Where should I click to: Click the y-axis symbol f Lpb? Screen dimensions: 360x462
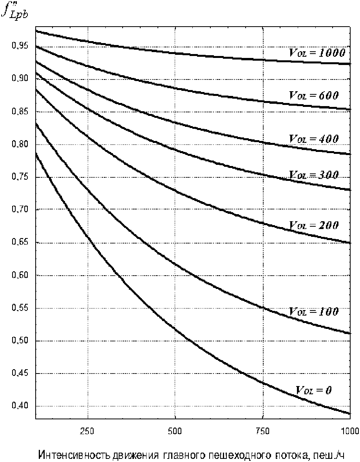(x=15, y=10)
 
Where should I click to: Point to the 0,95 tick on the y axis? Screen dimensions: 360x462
(x=20, y=46)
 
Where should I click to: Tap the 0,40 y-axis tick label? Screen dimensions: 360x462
(x=20, y=406)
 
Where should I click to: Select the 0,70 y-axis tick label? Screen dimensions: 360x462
(x=20, y=209)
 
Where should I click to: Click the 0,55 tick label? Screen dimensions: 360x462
(x=20, y=308)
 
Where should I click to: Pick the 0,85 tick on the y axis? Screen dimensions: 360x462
(x=20, y=111)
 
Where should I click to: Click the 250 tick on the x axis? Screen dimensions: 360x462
(x=88, y=431)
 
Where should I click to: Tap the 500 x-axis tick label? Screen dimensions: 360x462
(x=175, y=431)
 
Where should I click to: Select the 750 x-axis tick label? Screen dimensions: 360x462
(x=262, y=431)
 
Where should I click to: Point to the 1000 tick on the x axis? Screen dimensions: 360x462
(x=350, y=431)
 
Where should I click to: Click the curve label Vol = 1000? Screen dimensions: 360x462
(x=317, y=52)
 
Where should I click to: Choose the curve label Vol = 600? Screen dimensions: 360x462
(x=314, y=95)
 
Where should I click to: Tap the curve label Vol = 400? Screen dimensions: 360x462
(x=314, y=139)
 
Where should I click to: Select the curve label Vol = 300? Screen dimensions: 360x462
(x=314, y=175)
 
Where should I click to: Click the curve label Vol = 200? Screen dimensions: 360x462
(x=314, y=226)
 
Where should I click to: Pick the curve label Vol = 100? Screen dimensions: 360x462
(x=314, y=311)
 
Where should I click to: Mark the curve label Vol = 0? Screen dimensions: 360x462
(x=314, y=390)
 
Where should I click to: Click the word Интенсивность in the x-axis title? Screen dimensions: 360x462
(x=74, y=455)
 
